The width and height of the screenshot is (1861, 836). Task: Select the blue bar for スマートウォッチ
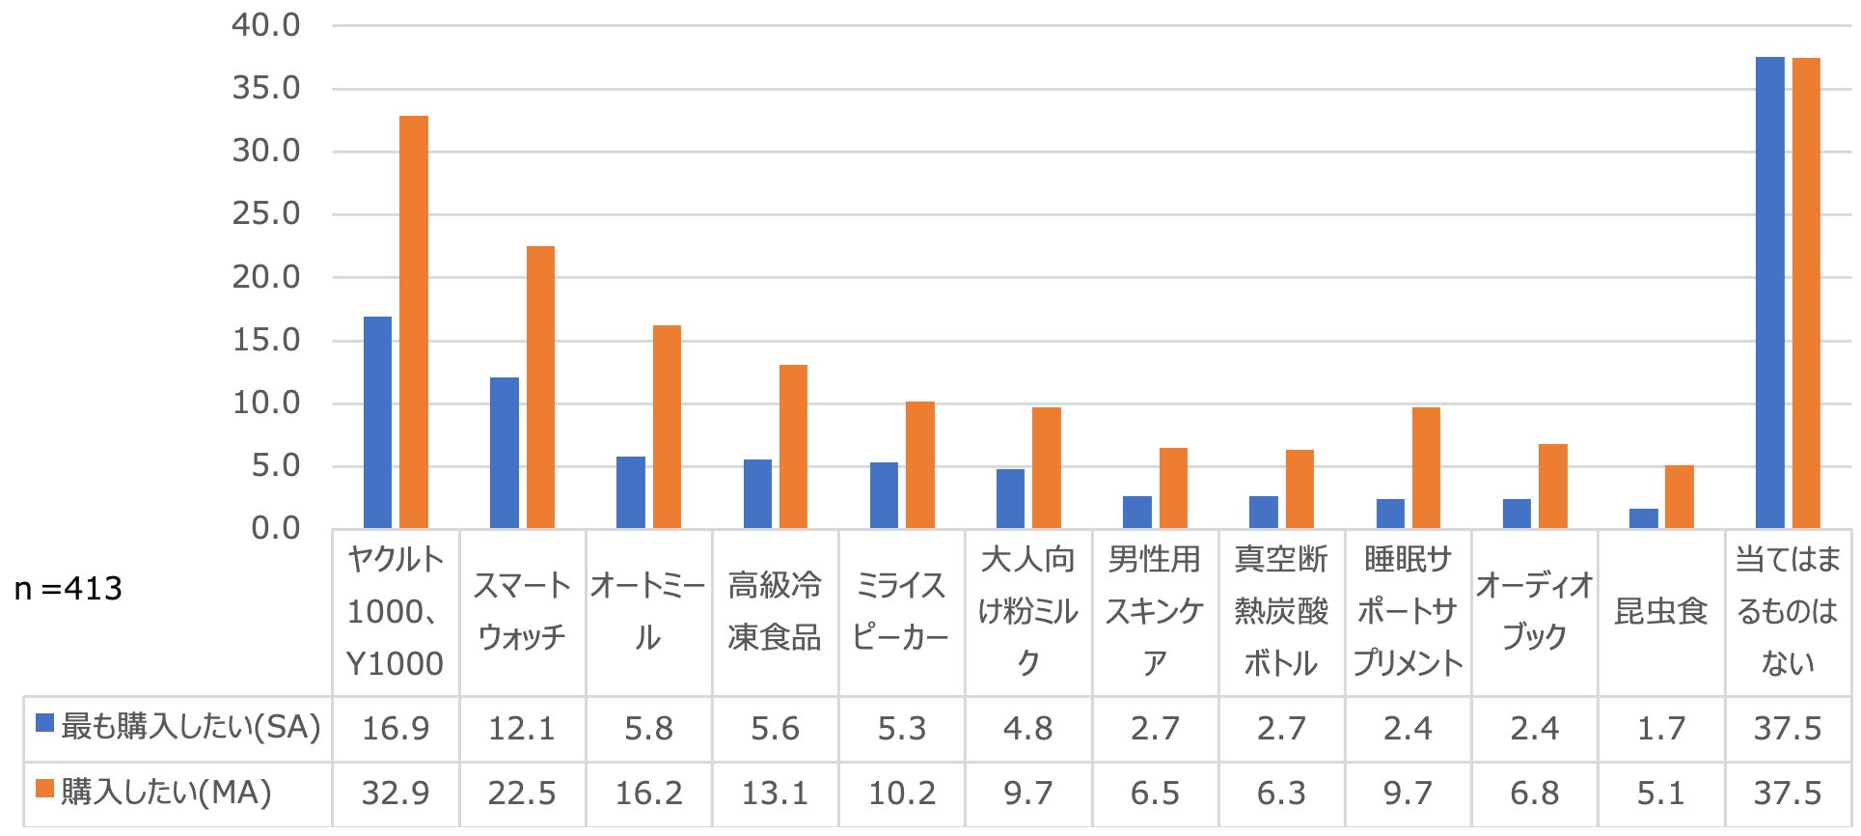coord(504,453)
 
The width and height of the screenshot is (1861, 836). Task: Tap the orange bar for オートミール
coord(667,427)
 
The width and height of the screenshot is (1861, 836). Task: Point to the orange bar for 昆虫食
coord(1679,496)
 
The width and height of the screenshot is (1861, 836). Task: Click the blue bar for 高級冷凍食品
coord(757,493)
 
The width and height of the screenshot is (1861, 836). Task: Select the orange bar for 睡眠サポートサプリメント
coord(1426,467)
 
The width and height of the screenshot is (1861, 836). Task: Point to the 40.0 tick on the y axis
coord(266,26)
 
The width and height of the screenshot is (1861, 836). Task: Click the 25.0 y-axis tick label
coord(266,214)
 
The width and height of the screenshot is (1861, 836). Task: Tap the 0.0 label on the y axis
coord(276,529)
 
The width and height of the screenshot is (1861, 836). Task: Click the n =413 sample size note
coord(68,589)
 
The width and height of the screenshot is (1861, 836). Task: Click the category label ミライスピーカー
coord(901,611)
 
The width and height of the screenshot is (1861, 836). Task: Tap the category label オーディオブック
coord(1534,611)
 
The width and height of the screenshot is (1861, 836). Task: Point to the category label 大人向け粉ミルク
coord(1027,611)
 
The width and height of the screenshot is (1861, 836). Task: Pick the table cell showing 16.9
coord(396,729)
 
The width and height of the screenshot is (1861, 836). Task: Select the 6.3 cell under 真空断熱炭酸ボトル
coord(1281,794)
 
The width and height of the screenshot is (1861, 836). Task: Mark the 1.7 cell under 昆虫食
coord(1660,729)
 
